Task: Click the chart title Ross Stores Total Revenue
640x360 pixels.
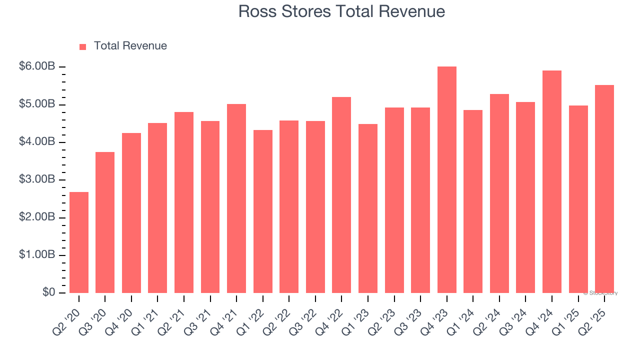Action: (341, 11)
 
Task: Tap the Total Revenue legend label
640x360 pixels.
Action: (130, 46)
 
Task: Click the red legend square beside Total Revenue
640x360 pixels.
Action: (83, 46)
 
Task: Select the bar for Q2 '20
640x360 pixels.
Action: (79, 242)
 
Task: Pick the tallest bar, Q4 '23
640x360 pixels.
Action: (446, 180)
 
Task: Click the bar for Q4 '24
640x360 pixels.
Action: (552, 182)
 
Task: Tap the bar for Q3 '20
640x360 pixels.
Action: (105, 222)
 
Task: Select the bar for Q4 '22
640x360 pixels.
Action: (341, 195)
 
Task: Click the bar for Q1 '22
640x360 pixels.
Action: (263, 211)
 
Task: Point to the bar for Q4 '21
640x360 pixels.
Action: (236, 198)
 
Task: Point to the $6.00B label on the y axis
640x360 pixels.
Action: (36, 67)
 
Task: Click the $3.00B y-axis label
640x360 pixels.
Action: (36, 180)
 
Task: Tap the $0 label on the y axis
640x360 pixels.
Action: (48, 292)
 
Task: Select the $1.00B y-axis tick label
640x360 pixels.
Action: (36, 255)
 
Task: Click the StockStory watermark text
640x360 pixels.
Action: (600, 293)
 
